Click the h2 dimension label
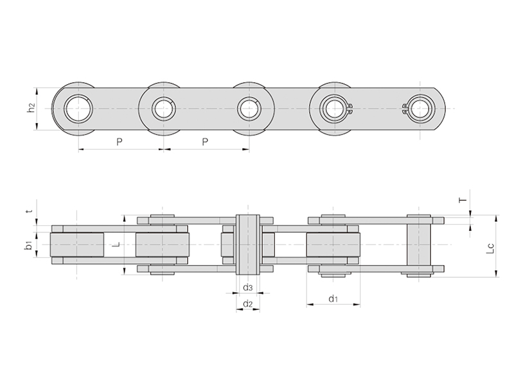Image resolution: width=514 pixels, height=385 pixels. pos(31,107)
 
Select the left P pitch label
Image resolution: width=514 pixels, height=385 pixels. pos(120,142)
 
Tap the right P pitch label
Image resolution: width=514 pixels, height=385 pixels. pos(205,142)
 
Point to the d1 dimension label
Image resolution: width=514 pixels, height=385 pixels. pos(333,298)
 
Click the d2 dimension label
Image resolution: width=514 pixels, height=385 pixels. pos(248,304)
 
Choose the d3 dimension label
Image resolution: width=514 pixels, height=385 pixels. pos(248,287)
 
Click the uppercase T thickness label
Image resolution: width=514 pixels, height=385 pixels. pos(463,200)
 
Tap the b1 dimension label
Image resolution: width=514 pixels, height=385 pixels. pos(29,245)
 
